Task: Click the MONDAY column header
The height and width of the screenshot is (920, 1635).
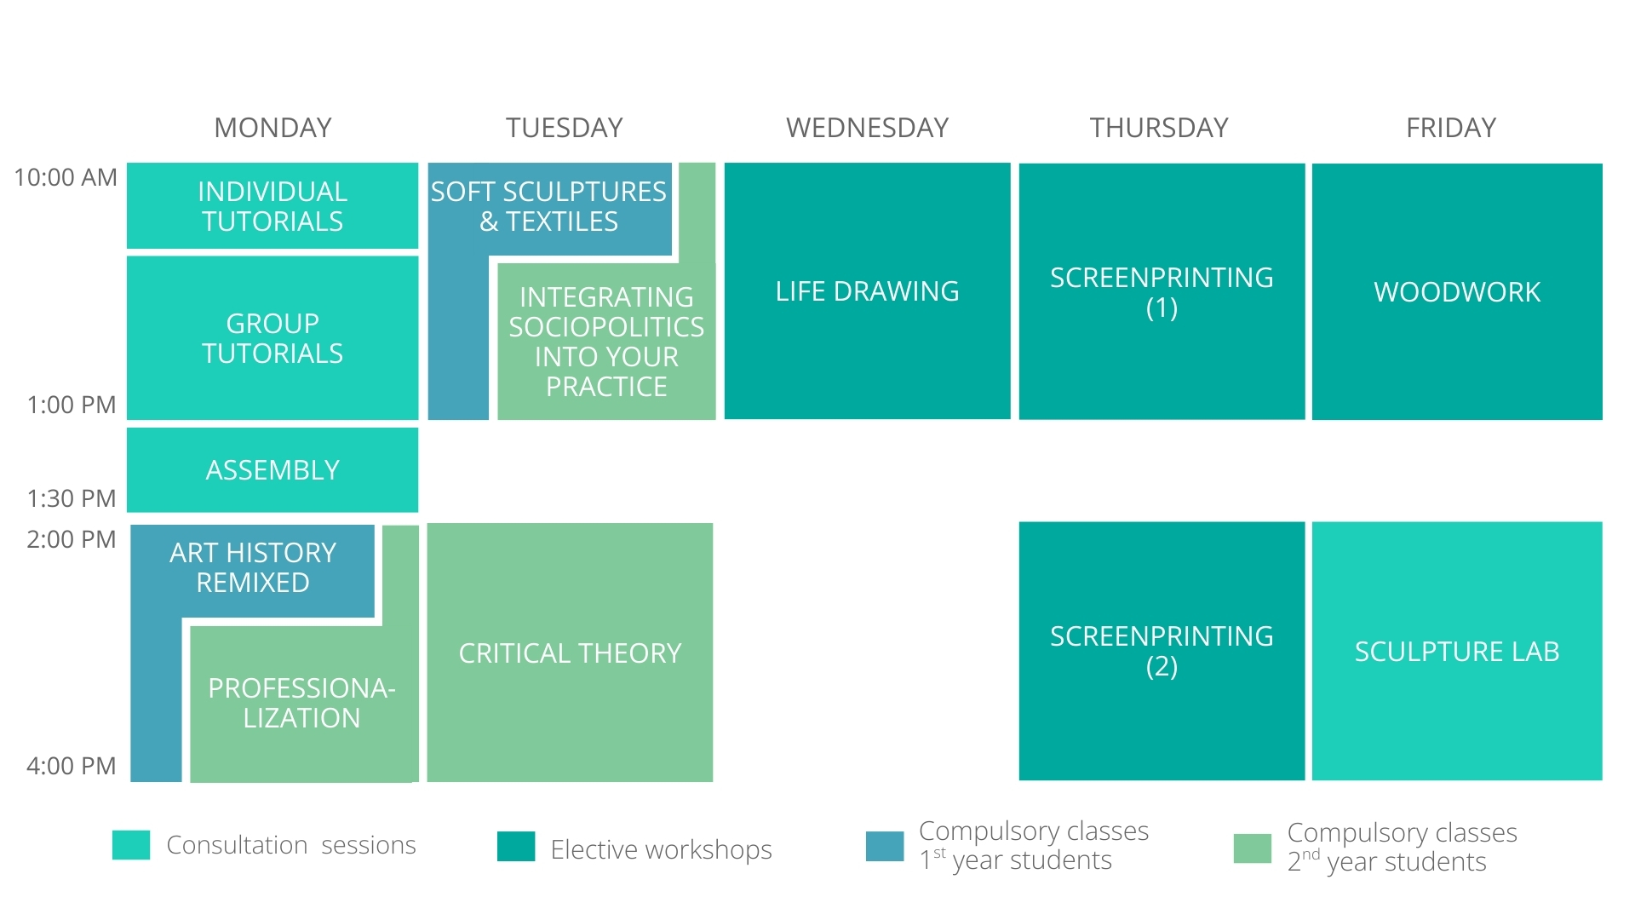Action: tap(272, 128)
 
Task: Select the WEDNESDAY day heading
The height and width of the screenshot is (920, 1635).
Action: tap(867, 128)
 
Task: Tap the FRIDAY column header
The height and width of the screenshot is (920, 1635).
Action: tap(1451, 128)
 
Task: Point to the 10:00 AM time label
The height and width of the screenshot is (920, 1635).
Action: tap(66, 177)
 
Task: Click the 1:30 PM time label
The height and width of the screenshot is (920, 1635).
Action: tap(72, 498)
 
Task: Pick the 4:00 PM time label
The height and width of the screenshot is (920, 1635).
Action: tap(72, 766)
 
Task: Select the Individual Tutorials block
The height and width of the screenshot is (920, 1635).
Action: tap(272, 206)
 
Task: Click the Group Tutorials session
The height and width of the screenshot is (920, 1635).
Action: tap(272, 338)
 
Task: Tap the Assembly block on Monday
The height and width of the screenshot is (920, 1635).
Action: tap(272, 470)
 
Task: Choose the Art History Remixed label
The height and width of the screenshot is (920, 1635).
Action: tap(253, 567)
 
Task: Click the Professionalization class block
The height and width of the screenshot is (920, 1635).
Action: tap(301, 703)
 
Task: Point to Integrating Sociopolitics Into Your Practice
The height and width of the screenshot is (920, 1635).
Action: tap(606, 342)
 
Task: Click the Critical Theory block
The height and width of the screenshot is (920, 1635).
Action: tap(570, 653)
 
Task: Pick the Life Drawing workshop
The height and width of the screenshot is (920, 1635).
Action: tap(867, 291)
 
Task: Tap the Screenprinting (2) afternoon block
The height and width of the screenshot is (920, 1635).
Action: tap(1162, 651)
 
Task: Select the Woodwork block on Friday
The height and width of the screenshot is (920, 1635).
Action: tap(1457, 291)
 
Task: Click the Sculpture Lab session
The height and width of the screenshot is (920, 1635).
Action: tap(1457, 651)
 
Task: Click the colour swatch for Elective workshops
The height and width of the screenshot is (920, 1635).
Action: tap(516, 846)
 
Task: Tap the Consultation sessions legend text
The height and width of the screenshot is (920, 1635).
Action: tap(291, 845)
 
